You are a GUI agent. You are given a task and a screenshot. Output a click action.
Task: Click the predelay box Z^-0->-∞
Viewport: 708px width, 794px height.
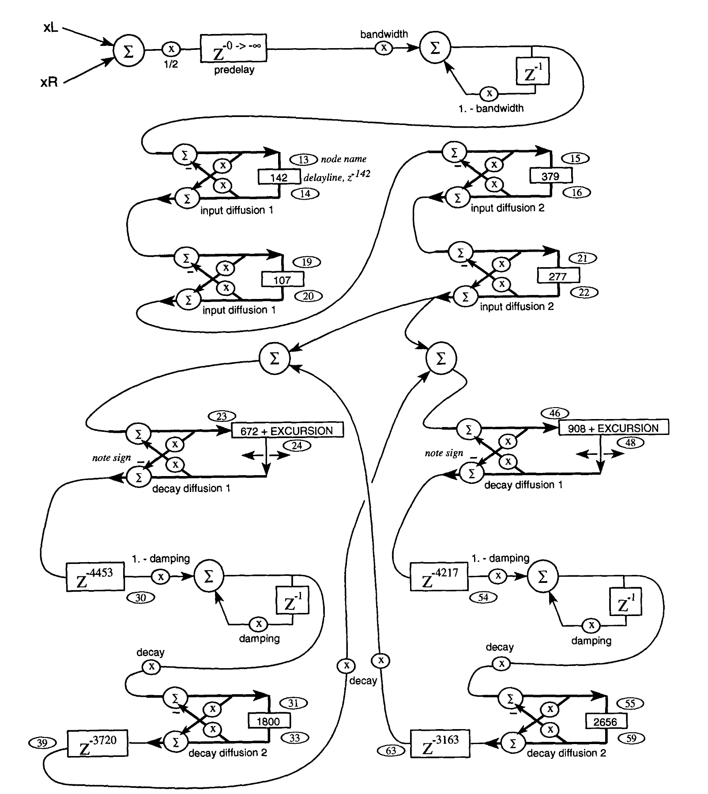tap(233, 48)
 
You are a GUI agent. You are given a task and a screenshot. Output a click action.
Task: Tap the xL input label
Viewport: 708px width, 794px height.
tap(51, 28)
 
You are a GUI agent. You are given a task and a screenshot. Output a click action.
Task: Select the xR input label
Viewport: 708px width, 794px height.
tap(49, 83)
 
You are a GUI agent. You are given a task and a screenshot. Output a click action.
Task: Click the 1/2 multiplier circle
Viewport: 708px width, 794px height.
tap(171, 49)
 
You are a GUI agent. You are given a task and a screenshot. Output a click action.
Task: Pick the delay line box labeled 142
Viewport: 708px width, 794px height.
tap(279, 178)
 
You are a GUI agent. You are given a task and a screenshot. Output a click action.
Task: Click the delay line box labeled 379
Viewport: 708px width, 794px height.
tap(550, 176)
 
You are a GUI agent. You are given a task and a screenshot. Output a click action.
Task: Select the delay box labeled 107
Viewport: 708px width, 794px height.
tap(282, 280)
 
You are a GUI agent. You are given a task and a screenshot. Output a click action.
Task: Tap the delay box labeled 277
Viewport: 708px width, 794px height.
tap(558, 276)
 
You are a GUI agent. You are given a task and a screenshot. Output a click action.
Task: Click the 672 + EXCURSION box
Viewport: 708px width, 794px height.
tap(287, 431)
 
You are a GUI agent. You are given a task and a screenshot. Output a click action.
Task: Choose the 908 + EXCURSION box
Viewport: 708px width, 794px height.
tap(614, 427)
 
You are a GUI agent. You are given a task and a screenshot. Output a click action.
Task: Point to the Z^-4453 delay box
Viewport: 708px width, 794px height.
tap(95, 577)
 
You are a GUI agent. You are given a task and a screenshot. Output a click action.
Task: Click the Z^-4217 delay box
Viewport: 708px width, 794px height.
tap(439, 576)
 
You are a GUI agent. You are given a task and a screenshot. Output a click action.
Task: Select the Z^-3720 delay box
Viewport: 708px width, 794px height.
tap(98, 744)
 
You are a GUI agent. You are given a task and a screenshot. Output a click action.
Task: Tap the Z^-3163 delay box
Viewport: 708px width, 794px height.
tap(440, 744)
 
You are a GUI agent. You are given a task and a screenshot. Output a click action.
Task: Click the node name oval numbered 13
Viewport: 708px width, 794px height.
tap(303, 159)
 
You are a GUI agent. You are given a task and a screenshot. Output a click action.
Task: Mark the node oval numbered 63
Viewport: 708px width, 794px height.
tap(391, 750)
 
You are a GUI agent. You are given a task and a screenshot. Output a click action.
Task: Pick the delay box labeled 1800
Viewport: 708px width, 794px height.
tap(268, 721)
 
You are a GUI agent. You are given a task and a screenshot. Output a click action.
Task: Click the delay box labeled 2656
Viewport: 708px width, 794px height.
tap(606, 722)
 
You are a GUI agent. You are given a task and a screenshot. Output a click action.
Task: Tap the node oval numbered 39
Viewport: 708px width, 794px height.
tap(42, 743)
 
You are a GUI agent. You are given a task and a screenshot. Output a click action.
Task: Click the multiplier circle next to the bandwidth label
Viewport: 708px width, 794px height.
tap(384, 48)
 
